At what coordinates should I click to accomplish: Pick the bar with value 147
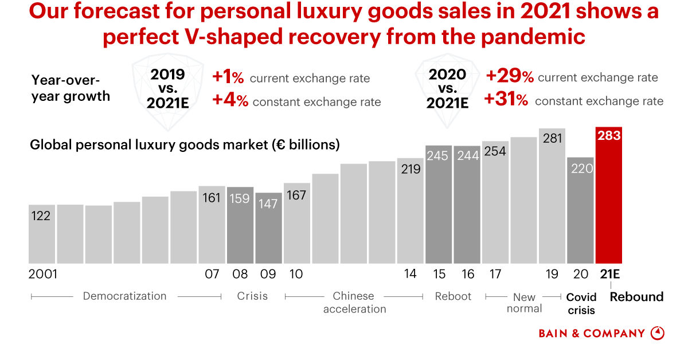pyautogui.click(x=268, y=229)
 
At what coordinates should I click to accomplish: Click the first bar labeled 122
pyautogui.click(x=42, y=235)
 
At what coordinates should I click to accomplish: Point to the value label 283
pyautogui.click(x=609, y=136)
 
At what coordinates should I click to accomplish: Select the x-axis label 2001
pyautogui.click(x=43, y=274)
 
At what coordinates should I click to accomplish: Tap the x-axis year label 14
pyautogui.click(x=410, y=274)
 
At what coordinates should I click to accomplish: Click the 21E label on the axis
pyautogui.click(x=609, y=274)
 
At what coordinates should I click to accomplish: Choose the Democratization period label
pyautogui.click(x=124, y=296)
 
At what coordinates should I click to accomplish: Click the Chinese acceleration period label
pyautogui.click(x=354, y=303)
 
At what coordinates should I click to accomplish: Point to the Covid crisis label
pyautogui.click(x=581, y=304)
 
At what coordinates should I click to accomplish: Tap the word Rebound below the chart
pyautogui.click(x=636, y=297)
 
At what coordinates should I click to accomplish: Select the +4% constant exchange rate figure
pyautogui.click(x=230, y=101)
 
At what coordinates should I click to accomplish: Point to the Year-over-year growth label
pyautogui.click(x=71, y=88)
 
